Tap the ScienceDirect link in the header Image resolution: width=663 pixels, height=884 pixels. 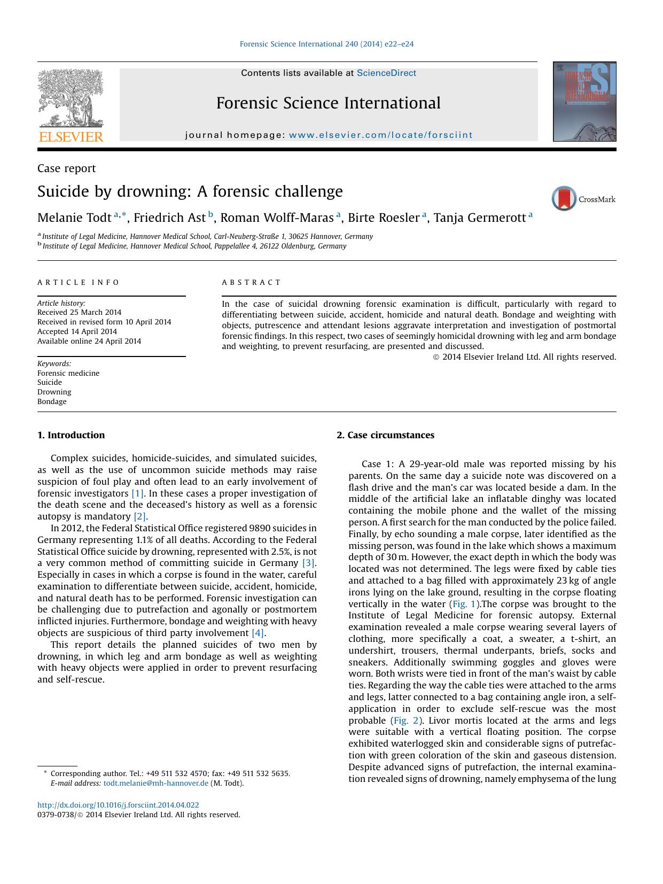coord(386,73)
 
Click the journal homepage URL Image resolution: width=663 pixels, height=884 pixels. coord(380,135)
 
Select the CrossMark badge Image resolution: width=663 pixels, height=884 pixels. coord(583,199)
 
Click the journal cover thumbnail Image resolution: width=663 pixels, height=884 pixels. coord(584,102)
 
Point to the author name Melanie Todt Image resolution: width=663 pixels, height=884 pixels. coord(74,218)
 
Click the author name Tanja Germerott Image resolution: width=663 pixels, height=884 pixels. coord(479,218)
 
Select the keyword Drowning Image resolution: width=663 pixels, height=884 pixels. coord(54,392)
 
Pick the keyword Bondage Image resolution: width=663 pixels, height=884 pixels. coord(52,401)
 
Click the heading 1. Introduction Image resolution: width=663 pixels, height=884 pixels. coord(71,435)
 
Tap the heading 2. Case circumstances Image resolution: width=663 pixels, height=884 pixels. coord(385,435)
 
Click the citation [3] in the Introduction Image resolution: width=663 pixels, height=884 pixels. coord(308,563)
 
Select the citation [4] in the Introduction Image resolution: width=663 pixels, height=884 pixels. coord(258,633)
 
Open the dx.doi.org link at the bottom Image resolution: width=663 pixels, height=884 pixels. coord(118,805)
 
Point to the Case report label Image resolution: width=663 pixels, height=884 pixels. coord(66,168)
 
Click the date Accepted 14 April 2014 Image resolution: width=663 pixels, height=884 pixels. coord(77,331)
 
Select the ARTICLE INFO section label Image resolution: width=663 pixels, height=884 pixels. coord(79,282)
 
